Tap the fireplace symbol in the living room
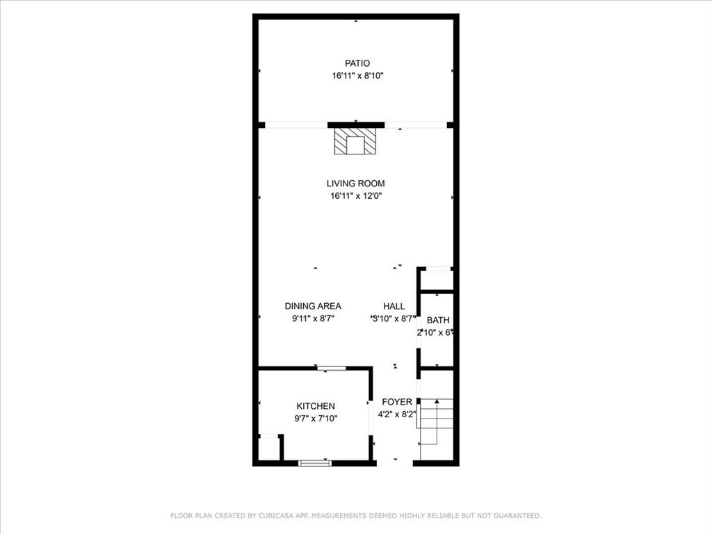coord(355,142)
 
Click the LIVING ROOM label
coord(356,184)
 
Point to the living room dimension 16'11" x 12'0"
coord(356,196)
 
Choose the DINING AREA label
coord(313,306)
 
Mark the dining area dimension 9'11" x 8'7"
coord(313,318)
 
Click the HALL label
coord(394,306)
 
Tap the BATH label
coord(438,321)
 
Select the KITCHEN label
coord(316,406)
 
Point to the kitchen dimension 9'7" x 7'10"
coord(316,419)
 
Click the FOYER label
coord(397,402)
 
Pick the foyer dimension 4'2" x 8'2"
coord(397,414)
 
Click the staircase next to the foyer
coord(436,421)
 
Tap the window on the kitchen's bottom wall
coord(315,462)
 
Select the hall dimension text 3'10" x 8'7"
coord(394,318)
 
